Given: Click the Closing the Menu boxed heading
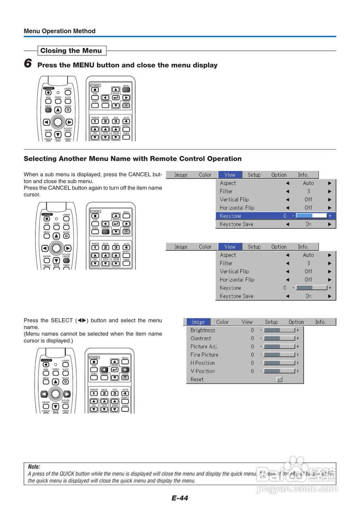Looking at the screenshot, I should [71, 51].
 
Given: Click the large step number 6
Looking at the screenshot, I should [28, 63].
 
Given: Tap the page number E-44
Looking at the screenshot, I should [180, 498].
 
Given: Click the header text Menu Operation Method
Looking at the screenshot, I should [60, 31].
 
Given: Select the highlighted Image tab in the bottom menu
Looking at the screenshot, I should [198, 322].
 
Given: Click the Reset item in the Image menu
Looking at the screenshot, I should [197, 379].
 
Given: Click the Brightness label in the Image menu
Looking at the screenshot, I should [203, 330].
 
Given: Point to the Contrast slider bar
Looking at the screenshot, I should [280, 338].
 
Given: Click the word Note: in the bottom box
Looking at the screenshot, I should [34, 467].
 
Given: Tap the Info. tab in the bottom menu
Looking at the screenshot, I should [320, 322].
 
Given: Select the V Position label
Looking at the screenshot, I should [203, 371].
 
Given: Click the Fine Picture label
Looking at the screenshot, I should [204, 355].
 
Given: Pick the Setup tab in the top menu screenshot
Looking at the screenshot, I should [254, 175].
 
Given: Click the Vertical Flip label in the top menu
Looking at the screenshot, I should [234, 200].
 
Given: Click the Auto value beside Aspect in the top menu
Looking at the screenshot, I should [308, 183].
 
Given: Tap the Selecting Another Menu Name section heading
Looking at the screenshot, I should [133, 159].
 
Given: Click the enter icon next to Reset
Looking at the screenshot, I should [279, 379].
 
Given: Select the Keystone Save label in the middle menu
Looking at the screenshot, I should [236, 296].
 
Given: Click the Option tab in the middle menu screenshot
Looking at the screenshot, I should [279, 247].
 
